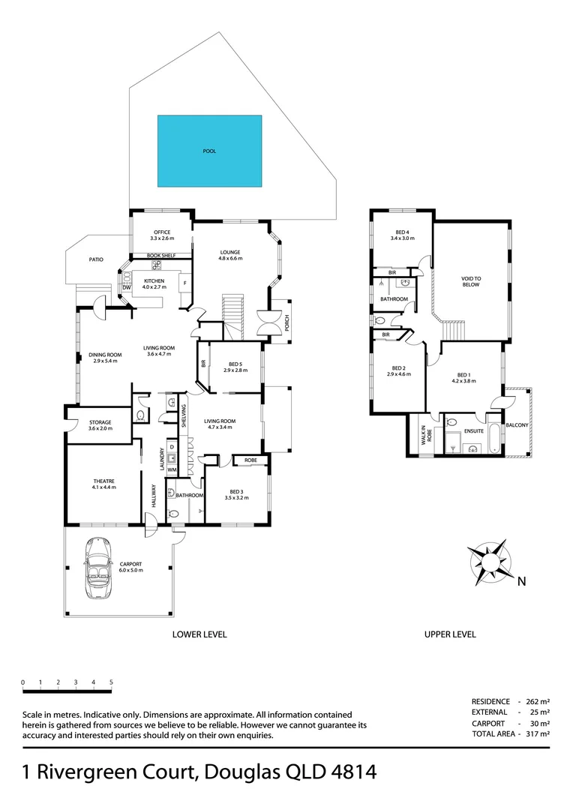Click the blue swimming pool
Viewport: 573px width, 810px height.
[x=209, y=150]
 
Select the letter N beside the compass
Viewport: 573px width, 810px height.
[x=521, y=580]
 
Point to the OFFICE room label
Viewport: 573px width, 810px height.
[x=162, y=232]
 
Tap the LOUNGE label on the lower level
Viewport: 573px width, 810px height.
[x=229, y=253]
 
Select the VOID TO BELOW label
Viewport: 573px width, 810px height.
[x=471, y=281]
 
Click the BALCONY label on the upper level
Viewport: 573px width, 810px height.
[x=517, y=425]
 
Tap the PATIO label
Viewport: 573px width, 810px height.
[x=96, y=259]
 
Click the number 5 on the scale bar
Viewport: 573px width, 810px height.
[x=111, y=682]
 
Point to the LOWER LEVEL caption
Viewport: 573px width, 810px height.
[x=199, y=634]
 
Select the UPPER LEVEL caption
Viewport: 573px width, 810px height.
[x=450, y=634]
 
